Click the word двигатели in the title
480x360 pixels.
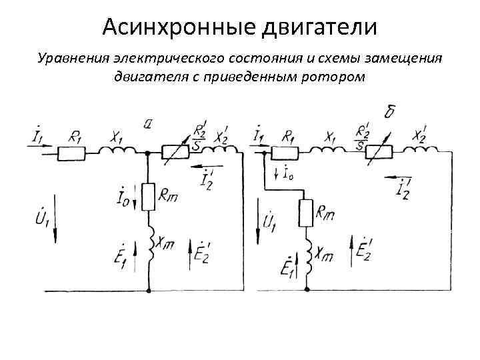click(321, 27)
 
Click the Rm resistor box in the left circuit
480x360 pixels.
click(147, 195)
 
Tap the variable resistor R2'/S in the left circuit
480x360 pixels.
click(178, 153)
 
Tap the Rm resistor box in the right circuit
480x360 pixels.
click(306, 213)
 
